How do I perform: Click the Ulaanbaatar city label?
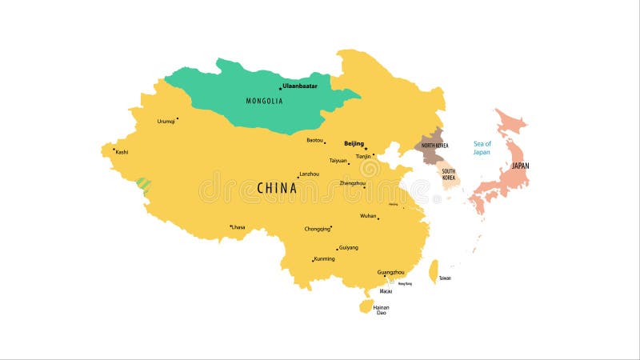point(300,86)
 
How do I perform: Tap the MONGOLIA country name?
point(264,101)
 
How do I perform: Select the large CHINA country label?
point(277,188)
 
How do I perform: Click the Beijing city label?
point(354,144)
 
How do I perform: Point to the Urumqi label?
point(166,122)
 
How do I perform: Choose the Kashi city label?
point(122,152)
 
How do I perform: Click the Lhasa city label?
point(238,227)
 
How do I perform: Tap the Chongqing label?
point(317,229)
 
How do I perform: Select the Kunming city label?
point(324,258)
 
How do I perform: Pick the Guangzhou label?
point(390,272)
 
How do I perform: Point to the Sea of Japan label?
point(482,147)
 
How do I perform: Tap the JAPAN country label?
point(520,166)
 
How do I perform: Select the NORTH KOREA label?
point(435,146)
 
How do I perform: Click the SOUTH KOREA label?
point(449,174)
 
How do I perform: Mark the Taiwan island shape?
point(434,271)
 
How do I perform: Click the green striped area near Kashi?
point(144,184)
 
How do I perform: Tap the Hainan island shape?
point(366,306)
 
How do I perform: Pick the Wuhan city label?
point(368,216)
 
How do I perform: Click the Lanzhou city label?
point(309,174)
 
